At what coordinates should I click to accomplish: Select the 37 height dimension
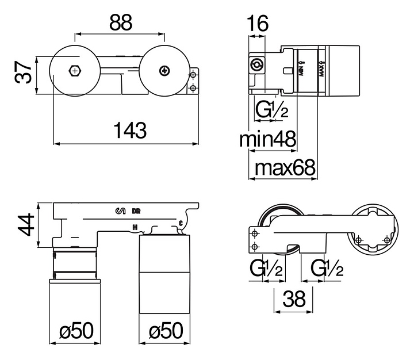[x=23, y=74]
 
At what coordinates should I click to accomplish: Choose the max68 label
[x=285, y=167]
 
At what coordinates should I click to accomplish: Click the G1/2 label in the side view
[x=272, y=109]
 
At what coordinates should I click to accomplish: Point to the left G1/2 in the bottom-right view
[x=266, y=268]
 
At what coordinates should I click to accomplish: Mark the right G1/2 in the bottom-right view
[x=328, y=268]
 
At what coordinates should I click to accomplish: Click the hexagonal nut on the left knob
[x=74, y=71]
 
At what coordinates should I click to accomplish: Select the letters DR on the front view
[x=136, y=210]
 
